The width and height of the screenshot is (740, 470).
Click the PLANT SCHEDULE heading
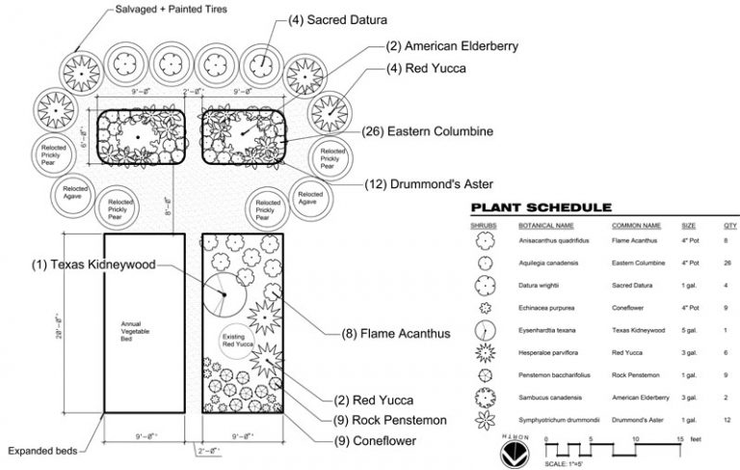540,207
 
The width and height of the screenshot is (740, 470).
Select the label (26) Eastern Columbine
427,130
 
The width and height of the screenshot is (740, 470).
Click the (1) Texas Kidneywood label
93,263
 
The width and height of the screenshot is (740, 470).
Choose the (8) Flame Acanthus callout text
396,334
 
